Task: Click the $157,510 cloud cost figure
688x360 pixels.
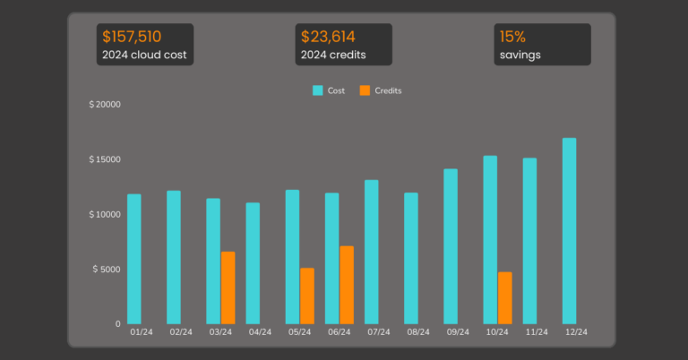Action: pos(132,37)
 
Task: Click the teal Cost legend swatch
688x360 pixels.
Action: pos(317,90)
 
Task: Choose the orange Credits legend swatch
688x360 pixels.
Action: pos(364,90)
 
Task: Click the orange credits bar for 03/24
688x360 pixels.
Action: pos(228,287)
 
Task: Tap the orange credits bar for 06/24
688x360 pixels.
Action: pos(347,285)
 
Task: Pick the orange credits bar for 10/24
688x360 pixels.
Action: pos(505,297)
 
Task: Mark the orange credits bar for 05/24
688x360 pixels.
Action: pos(307,296)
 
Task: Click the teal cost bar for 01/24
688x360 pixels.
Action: pos(134,259)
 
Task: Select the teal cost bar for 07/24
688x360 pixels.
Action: pos(372,252)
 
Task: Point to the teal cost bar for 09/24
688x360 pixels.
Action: pos(451,246)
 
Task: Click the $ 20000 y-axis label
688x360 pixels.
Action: pos(105,105)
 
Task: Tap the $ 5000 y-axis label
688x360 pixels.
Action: pos(107,270)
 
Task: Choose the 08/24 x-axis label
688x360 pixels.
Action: pos(418,332)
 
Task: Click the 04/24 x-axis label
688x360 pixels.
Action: pos(260,332)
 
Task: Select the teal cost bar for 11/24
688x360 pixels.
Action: pos(529,241)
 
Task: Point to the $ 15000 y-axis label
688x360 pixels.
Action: pos(105,159)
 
